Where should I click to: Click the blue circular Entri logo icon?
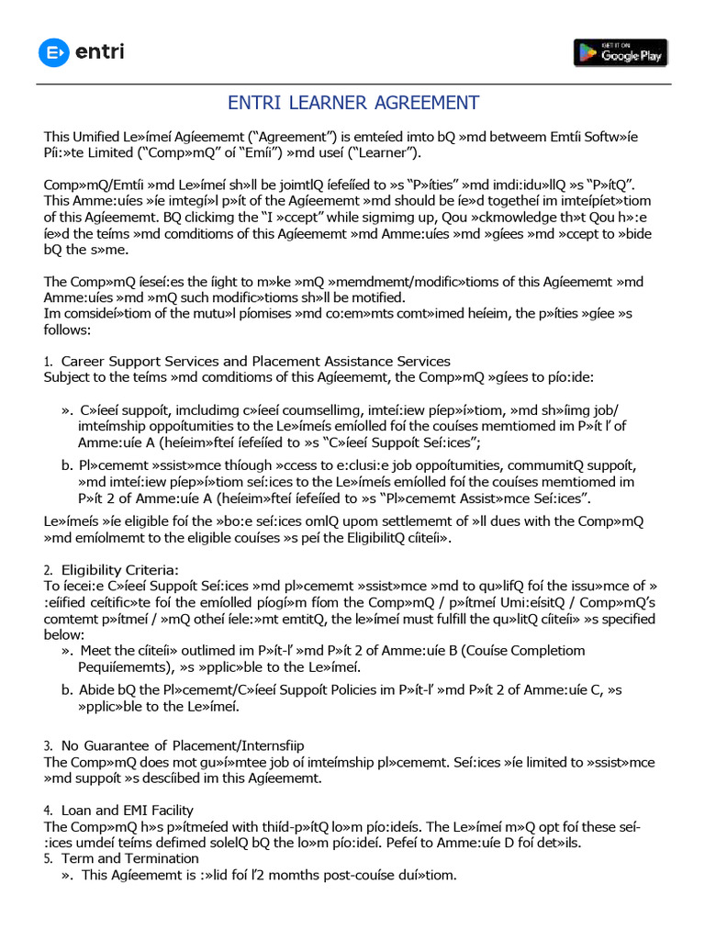(x=54, y=52)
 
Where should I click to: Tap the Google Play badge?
(x=621, y=52)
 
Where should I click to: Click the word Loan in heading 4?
(x=77, y=810)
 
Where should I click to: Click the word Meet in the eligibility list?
(x=96, y=651)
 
